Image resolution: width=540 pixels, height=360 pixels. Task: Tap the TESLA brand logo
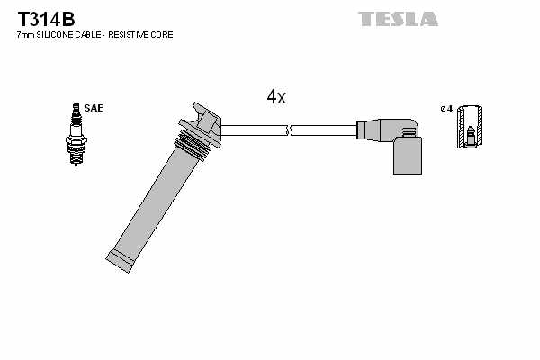tap(398, 18)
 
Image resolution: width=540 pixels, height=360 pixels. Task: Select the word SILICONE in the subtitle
tap(60, 34)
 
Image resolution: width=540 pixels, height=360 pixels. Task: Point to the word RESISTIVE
tap(135, 34)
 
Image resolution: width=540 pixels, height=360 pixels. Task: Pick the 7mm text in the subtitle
tap(26, 34)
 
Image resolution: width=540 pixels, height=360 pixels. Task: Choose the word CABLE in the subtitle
tap(97, 34)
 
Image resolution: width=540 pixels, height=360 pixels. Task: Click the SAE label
tap(94, 108)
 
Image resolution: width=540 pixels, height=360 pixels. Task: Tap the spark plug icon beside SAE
tap(75, 135)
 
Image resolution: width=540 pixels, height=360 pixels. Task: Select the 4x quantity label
tap(276, 96)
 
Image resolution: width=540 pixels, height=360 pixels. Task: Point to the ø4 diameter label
tap(445, 109)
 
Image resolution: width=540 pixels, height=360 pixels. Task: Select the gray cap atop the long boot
tap(206, 122)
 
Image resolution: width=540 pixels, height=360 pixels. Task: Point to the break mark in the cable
tap(288, 131)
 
